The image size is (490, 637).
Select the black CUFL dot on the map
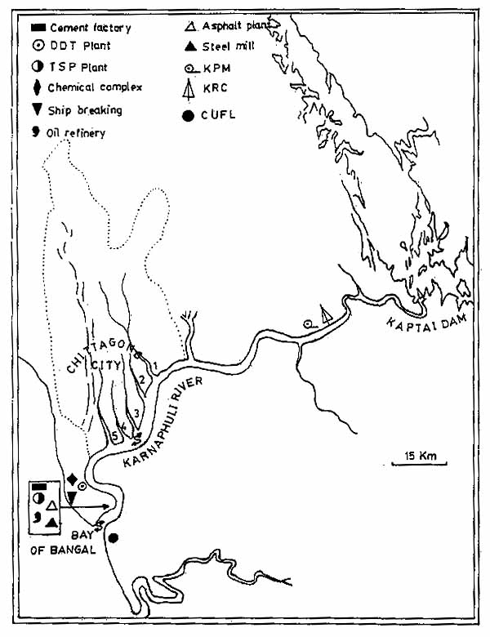point(114,537)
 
